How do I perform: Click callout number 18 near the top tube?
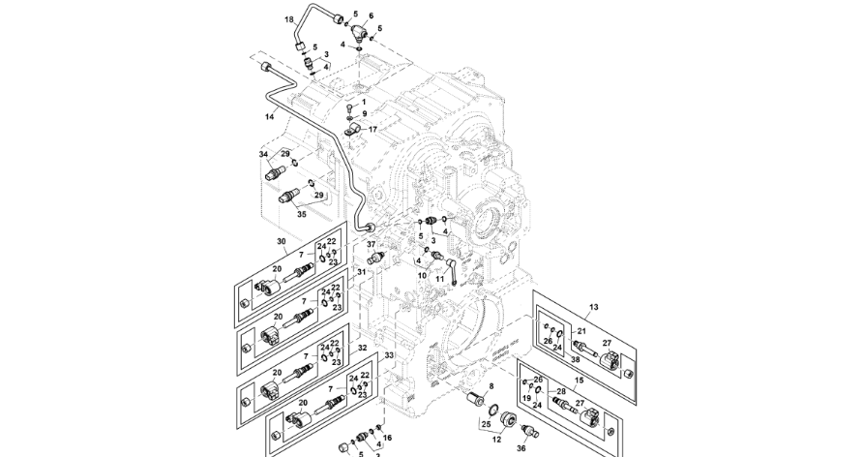(x=289, y=18)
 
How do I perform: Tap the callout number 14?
(x=270, y=116)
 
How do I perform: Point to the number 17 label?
(x=372, y=129)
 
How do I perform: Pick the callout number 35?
(x=275, y=215)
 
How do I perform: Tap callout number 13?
(x=593, y=307)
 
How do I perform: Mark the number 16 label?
(x=387, y=439)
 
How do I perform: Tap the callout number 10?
(x=422, y=275)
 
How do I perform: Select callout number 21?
(x=580, y=331)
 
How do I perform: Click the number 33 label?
(x=388, y=356)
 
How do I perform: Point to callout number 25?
(x=485, y=423)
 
